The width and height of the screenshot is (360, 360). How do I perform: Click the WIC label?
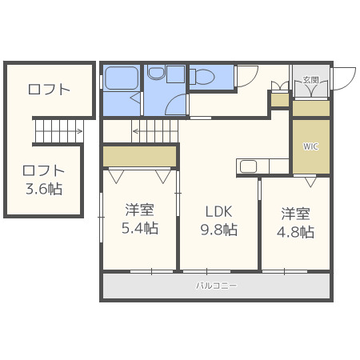coord(310,146)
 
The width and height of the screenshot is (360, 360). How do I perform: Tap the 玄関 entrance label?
coord(311,80)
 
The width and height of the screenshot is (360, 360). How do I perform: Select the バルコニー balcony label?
coord(216,286)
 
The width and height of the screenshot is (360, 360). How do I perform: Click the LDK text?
coord(218,212)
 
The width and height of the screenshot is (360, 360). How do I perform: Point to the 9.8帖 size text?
coord(219,230)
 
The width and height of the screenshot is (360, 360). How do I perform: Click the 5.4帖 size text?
coord(140,228)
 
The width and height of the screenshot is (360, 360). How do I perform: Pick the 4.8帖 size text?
coord(295,232)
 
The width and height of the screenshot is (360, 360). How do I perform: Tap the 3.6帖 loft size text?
coord(44,189)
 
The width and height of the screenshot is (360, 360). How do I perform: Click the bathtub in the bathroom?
coord(122,78)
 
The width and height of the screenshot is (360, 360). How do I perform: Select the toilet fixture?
coord(202,77)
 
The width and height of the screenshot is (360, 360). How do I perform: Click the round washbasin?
coord(156,73)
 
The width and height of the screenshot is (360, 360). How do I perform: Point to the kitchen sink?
coord(248,166)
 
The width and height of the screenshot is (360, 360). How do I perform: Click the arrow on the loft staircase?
coord(58,131)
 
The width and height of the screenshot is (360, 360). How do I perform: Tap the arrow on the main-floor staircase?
coord(155,131)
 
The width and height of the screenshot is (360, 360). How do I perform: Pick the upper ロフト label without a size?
coord(49,90)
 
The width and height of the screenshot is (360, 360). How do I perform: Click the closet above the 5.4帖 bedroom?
coord(140,156)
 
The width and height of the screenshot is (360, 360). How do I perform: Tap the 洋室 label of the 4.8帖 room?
coord(295,214)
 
